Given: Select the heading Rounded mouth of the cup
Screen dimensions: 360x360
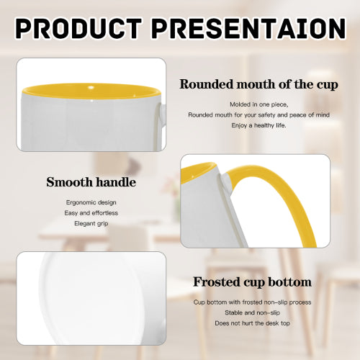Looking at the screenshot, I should pos(258,84).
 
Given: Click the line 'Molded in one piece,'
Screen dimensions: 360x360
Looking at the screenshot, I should pos(258,104).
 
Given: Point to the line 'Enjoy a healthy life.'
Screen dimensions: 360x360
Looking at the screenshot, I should pos(258,125).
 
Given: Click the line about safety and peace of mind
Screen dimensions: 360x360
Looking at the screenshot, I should pos(258,114).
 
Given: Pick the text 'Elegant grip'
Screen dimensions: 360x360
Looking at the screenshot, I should pos(91,223).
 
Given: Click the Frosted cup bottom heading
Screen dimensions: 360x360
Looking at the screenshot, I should pos(252,282).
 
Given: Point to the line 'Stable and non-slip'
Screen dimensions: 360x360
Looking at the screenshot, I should pos(252,313).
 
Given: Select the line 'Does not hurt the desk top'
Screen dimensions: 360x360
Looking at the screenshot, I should pos(252,323).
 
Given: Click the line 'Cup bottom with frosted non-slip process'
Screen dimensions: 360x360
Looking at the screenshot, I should pos(252,302).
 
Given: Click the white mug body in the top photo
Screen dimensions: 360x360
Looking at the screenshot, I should pos(86,126).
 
